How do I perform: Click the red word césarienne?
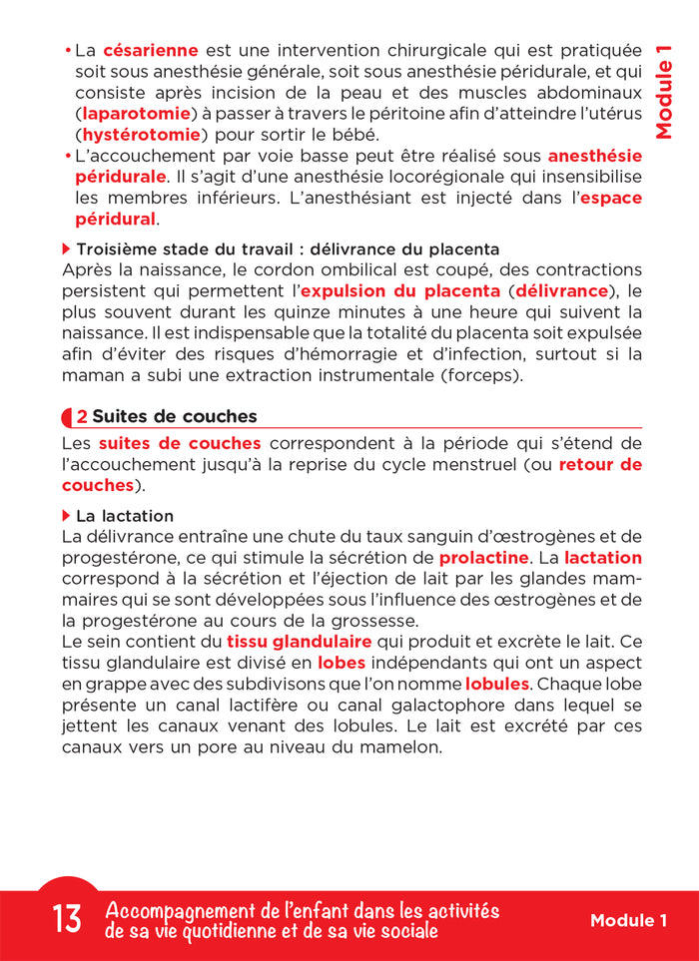(151, 49)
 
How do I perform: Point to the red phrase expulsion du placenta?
(399, 291)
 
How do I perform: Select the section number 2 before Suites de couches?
(81, 417)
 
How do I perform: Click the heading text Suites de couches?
(174, 417)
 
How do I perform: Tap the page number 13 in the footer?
(67, 919)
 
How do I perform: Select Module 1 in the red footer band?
(628, 920)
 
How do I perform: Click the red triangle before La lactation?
(67, 516)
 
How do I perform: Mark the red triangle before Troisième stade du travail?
(67, 248)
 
